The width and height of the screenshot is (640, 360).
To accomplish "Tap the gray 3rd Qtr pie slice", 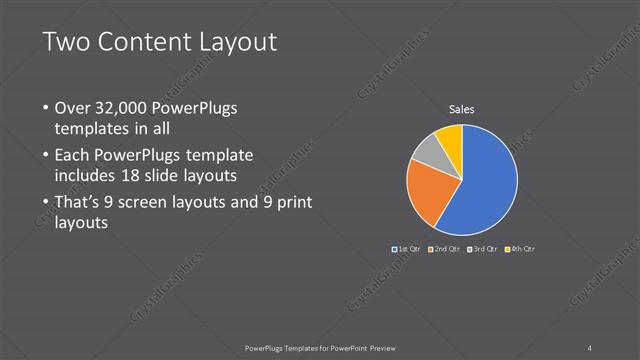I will (426, 152).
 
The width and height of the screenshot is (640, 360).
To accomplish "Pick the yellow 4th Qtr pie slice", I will (449, 136).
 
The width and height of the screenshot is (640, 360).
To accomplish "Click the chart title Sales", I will (461, 110).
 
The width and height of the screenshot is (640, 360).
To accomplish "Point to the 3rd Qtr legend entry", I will (482, 248).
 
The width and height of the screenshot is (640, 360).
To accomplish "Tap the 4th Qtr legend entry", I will (520, 248).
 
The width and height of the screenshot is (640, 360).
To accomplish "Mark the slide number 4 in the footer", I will (590, 347).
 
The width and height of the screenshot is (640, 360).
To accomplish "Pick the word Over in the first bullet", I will (72, 108).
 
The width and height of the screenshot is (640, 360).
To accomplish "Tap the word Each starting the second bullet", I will (73, 156).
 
